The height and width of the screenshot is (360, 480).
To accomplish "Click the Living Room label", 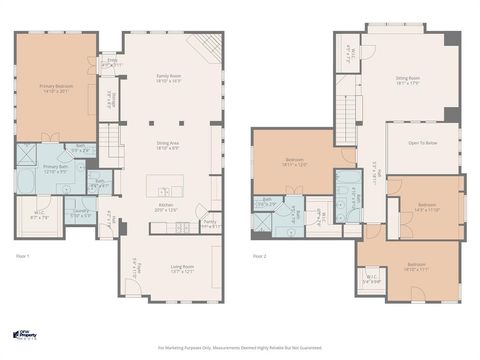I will click(182, 267).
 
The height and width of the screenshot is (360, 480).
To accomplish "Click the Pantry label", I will click(210, 225).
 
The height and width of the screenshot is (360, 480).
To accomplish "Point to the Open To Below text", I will click(422, 143).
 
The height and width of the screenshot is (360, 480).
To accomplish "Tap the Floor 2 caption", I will click(259, 257).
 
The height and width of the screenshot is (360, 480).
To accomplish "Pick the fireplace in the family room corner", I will click(205, 45).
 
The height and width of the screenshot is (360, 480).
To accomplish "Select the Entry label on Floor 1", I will click(112, 62).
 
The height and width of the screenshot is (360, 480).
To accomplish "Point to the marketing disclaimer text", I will click(239, 348).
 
